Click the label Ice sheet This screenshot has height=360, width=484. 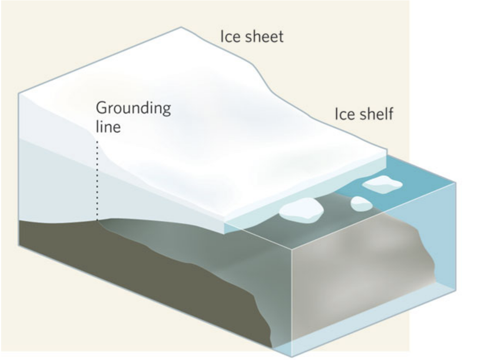[x=252, y=36]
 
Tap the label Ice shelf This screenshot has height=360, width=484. [x=364, y=114]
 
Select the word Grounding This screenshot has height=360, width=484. [x=133, y=109]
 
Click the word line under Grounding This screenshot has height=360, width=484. [x=108, y=127]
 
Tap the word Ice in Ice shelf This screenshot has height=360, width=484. [x=343, y=114]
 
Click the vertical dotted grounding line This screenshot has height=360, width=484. [x=97, y=180]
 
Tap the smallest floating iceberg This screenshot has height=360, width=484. [x=361, y=204]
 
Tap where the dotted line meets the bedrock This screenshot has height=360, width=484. [x=97, y=220]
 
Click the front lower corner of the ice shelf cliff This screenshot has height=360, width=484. [x=224, y=233]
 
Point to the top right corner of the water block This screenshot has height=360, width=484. [x=456, y=183]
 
